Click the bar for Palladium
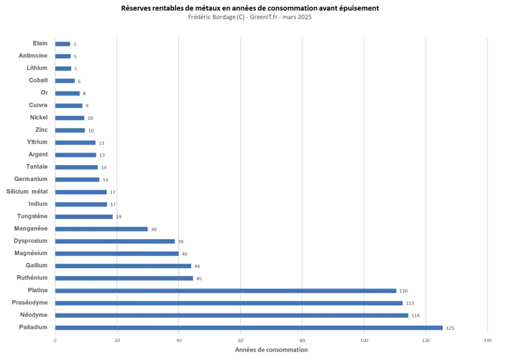pos(249,328)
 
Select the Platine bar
pos(226,291)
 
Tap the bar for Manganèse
pos(101,229)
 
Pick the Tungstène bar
pos(84,217)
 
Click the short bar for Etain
pos(62,44)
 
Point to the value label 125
pos(450,328)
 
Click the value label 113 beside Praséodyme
pos(410,303)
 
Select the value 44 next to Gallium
pos(197,266)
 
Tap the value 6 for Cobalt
pos(79,81)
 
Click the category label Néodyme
pos(33,315)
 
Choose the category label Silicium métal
pos(27,192)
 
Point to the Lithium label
pos(37,68)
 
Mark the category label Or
pos(44,93)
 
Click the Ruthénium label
pos(32,278)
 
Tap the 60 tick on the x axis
pos(241,340)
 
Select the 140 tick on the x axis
pos(488,340)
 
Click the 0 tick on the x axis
pos(55,340)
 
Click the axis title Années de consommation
pos(271,350)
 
